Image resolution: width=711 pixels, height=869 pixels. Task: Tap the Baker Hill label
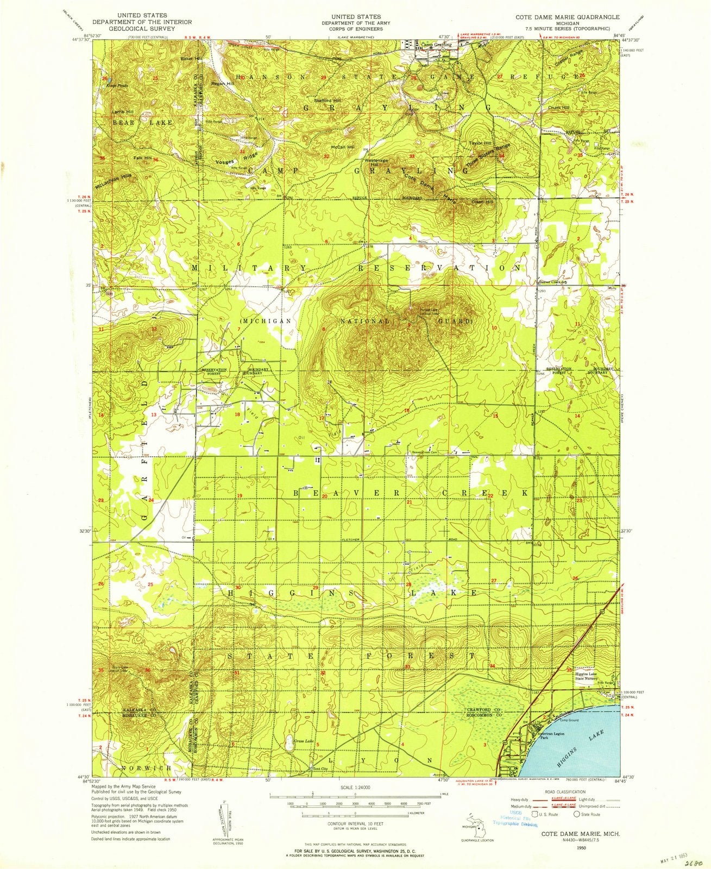tap(192, 58)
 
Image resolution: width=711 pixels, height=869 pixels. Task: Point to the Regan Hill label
tap(223, 84)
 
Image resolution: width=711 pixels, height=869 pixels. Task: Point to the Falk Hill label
tap(143, 158)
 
